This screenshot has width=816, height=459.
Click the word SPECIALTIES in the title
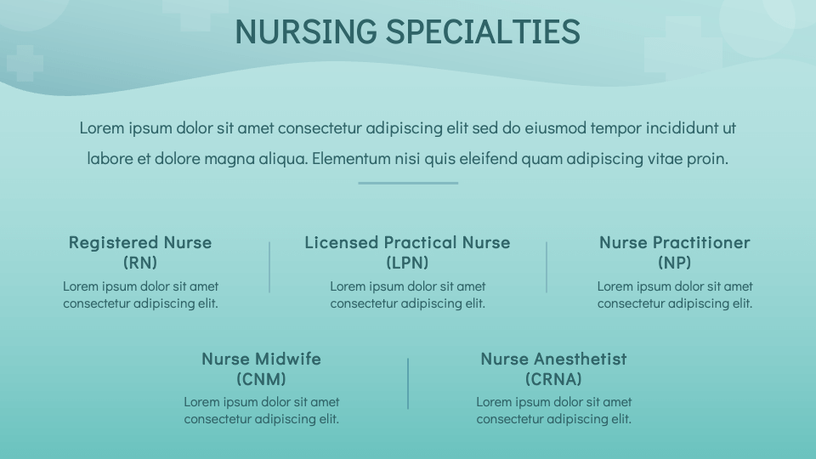(x=483, y=31)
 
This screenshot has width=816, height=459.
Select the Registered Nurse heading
(x=140, y=242)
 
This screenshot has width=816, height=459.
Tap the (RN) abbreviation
(x=140, y=262)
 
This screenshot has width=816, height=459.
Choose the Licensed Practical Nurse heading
(x=407, y=242)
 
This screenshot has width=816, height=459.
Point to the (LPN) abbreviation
(x=407, y=262)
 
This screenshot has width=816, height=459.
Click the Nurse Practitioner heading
(x=674, y=242)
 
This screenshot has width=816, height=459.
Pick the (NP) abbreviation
(x=674, y=262)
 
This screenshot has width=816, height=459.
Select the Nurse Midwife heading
(x=261, y=359)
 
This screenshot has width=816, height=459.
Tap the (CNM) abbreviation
(x=261, y=378)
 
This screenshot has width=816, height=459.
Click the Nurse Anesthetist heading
(x=553, y=359)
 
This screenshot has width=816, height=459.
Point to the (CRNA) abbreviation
(x=553, y=378)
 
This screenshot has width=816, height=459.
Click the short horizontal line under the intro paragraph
(x=408, y=183)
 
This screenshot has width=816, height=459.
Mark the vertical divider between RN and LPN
(x=269, y=267)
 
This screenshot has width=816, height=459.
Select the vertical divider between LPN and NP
(x=547, y=267)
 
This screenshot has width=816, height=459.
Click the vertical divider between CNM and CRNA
(x=408, y=383)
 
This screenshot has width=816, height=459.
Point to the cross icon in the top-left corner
(x=25, y=64)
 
